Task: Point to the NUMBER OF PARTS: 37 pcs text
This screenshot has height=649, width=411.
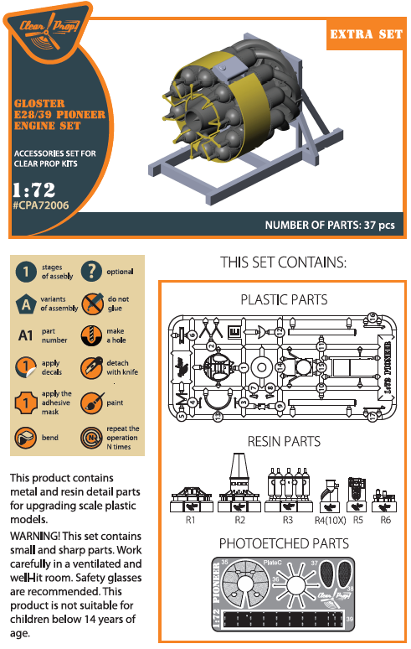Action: [330, 225]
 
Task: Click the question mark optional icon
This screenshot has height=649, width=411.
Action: [91, 270]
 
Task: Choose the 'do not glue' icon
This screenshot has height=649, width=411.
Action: [91, 303]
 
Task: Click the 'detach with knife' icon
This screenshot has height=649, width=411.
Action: [91, 367]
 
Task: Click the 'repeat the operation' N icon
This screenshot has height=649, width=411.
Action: [91, 437]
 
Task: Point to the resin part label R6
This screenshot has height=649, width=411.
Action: [386, 521]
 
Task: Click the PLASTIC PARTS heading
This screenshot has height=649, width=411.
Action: [284, 299]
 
